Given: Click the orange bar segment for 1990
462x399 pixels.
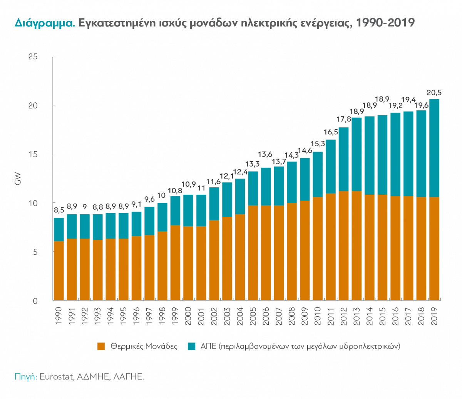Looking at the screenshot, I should pyautogui.click(x=59, y=270).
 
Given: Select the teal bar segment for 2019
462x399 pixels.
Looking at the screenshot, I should pyautogui.click(x=434, y=148).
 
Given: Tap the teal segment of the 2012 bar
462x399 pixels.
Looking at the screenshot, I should pyautogui.click(x=343, y=159).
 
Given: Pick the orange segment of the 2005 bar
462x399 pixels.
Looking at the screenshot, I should pyautogui.click(x=253, y=252).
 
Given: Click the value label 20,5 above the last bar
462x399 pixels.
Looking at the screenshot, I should pyautogui.click(x=434, y=93).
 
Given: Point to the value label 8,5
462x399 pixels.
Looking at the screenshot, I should pyautogui.click(x=59, y=210).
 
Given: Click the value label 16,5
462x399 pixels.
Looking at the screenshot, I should pyautogui.click(x=331, y=132).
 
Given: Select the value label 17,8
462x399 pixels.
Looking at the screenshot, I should pyautogui.click(x=343, y=119).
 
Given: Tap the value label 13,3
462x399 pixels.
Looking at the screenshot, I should pyautogui.click(x=253, y=164).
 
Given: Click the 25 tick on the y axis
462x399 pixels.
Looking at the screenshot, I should pyautogui.click(x=33, y=57).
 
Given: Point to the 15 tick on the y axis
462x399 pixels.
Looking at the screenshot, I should pyautogui.click(x=33, y=155).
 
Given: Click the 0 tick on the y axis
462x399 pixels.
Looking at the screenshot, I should pyautogui.click(x=35, y=301).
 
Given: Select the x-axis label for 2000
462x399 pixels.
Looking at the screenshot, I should pyautogui.click(x=188, y=316).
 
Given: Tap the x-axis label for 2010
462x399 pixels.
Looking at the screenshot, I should pyautogui.click(x=318, y=316).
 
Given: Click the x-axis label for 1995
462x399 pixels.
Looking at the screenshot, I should pyautogui.click(x=124, y=316).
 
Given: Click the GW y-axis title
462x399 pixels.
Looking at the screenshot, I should pyautogui.click(x=18, y=179).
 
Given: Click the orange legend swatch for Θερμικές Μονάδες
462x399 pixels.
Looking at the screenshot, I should pyautogui.click(x=101, y=346).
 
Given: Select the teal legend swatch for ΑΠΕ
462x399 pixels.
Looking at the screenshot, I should pyautogui.click(x=192, y=346).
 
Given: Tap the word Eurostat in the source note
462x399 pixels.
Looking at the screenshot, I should pyautogui.click(x=56, y=376).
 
